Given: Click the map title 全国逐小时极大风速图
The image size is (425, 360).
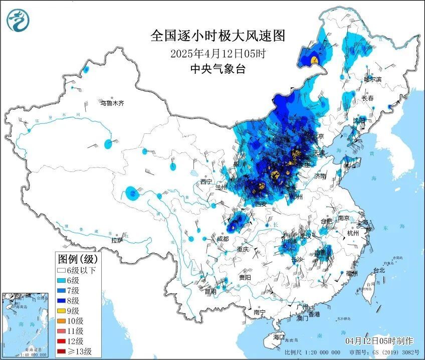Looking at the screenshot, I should point(218,36).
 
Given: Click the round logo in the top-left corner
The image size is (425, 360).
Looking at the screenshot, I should point(19,20).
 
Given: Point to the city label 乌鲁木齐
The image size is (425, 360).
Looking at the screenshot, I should point(112,103).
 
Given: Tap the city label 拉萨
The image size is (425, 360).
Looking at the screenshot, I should point(117,240).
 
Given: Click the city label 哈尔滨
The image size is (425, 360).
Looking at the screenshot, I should point(372,79).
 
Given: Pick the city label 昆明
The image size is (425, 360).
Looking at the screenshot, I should point(211,291).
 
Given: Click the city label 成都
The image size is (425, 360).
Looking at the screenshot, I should point(223,239).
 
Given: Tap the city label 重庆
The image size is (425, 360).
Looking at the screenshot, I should point(243,249).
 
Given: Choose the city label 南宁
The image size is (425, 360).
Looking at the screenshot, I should point(259,312).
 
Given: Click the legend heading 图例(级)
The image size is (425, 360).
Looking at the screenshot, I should point(79,259).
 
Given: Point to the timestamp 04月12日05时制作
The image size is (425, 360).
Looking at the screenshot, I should point(379,341).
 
